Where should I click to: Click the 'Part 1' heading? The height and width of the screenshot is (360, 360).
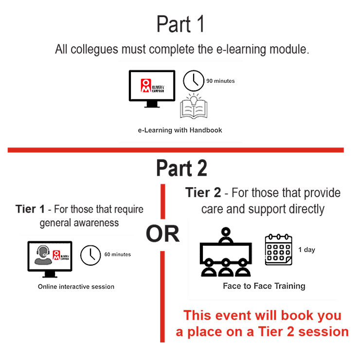[180, 24]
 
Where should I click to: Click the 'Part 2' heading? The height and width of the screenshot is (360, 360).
[181, 168]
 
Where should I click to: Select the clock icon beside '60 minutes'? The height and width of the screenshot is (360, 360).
[90, 255]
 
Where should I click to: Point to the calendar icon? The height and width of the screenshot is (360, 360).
[278, 250]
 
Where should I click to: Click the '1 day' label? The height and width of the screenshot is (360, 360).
[306, 250]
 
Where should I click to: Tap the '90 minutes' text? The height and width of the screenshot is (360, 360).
[220, 81]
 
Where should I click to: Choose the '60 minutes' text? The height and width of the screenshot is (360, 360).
[117, 254]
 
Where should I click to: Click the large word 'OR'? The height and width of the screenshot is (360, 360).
[162, 234]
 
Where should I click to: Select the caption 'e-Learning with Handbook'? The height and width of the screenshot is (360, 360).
[180, 130]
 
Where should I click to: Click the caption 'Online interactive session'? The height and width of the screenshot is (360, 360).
[76, 287]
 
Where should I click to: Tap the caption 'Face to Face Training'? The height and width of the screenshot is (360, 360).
[264, 286]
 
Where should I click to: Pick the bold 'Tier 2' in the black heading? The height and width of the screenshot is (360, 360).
[204, 193]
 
